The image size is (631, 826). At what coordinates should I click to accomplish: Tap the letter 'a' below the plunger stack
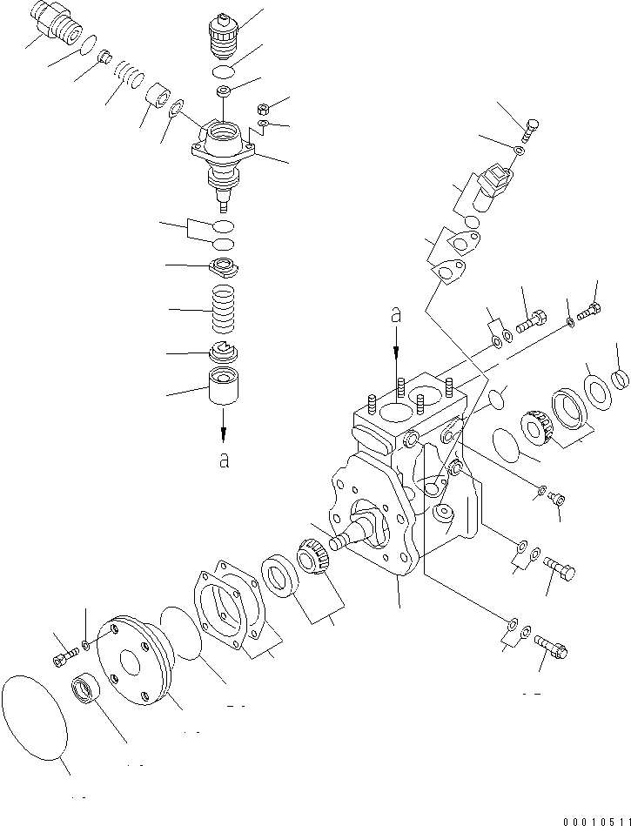click(x=224, y=460)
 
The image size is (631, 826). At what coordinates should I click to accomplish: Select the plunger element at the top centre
click(x=223, y=35)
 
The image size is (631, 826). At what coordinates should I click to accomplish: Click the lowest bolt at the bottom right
click(x=553, y=646)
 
